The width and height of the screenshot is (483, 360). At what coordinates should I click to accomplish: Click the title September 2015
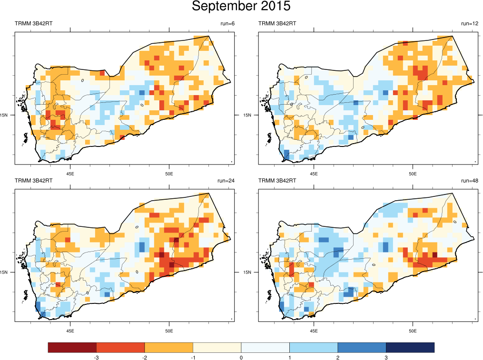(241, 7)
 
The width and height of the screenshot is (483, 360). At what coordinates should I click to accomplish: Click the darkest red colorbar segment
(72, 348)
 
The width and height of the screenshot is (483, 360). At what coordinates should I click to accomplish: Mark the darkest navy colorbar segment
(410, 348)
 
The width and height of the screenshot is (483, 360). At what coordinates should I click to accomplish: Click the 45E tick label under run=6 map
(70, 173)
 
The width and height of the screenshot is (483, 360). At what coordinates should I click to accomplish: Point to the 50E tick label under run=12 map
(413, 173)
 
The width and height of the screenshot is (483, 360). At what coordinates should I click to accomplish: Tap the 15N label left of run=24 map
(4, 272)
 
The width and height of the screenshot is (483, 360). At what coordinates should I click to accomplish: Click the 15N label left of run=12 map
(247, 115)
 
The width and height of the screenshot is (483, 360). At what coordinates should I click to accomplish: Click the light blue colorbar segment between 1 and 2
(314, 348)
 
